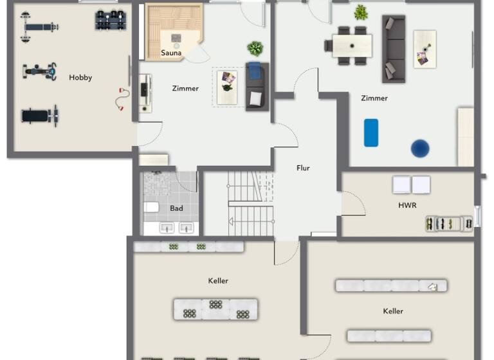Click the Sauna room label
[x=171, y=53]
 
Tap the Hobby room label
[x=80, y=77]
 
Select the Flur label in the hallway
[x=303, y=168]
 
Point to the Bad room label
[x=176, y=208]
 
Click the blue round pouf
[x=420, y=148]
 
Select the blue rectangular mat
[x=371, y=132]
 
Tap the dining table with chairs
[x=352, y=46]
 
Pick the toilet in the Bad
[x=151, y=207]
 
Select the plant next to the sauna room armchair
[x=255, y=49]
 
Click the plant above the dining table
[x=361, y=12]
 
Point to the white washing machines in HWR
[x=412, y=184]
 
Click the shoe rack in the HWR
[x=448, y=224]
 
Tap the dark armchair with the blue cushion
[x=257, y=87]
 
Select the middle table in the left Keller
[x=215, y=309]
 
